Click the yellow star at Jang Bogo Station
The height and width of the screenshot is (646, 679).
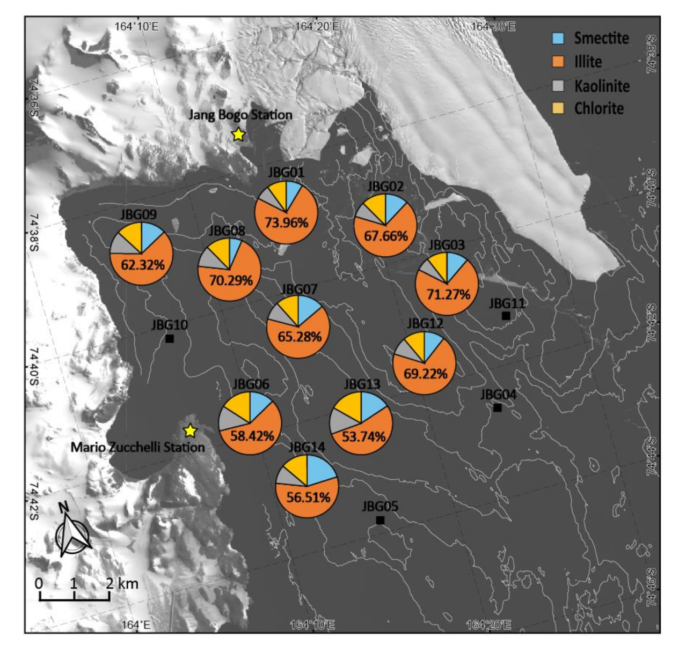click(238, 135)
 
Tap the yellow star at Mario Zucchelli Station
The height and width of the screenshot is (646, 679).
click(189, 430)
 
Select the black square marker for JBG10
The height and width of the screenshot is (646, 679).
click(170, 339)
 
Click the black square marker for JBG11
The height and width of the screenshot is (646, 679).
click(506, 316)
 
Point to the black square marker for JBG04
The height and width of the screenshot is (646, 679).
click(498, 408)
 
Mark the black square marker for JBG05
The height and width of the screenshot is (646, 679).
click(380, 520)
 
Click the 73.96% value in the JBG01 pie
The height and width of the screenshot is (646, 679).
click(286, 222)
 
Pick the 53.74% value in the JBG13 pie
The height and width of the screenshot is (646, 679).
click(363, 436)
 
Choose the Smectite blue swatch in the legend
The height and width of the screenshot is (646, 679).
click(558, 38)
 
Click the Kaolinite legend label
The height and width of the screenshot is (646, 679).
click(602, 86)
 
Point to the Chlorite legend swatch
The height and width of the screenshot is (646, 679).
click(558, 108)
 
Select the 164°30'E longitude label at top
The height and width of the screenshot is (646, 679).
click(493, 26)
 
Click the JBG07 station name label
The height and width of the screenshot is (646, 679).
click(299, 289)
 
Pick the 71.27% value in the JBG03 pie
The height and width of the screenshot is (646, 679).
click(448, 294)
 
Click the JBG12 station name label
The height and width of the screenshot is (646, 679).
click(425, 323)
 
